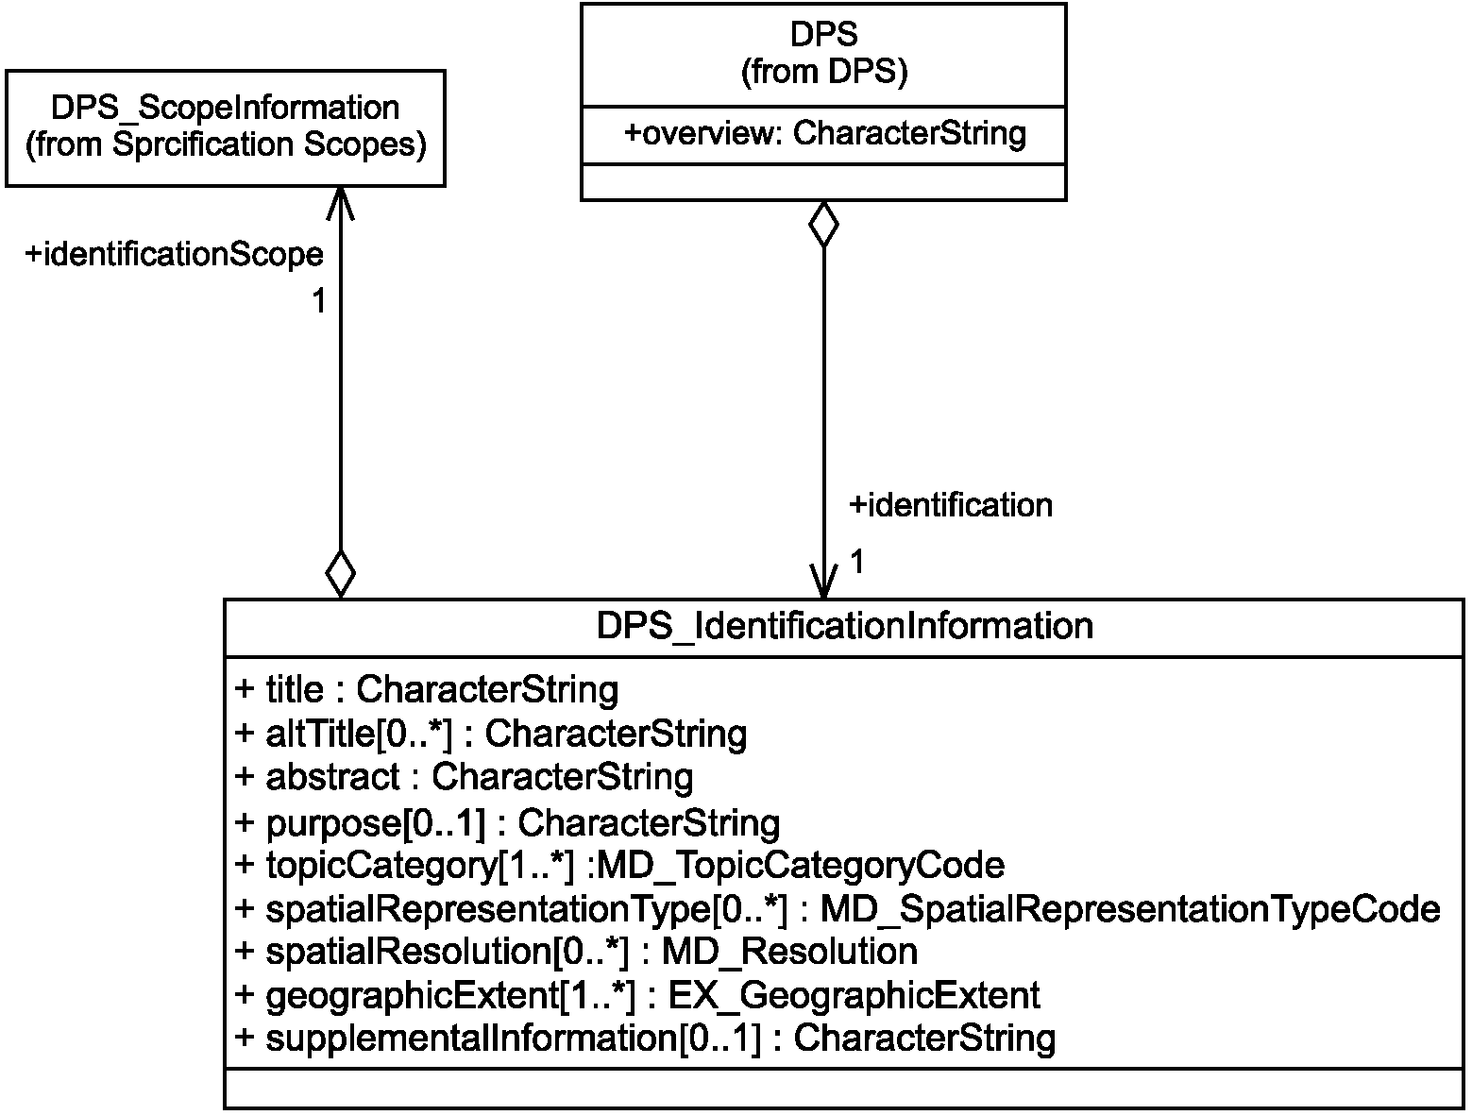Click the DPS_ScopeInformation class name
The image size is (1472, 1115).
click(226, 109)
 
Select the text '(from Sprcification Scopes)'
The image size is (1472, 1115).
click(226, 144)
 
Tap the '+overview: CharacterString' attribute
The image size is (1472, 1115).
click(825, 133)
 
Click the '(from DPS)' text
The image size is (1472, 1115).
click(824, 71)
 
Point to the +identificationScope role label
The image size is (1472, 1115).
click(174, 255)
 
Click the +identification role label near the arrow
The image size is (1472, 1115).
click(951, 505)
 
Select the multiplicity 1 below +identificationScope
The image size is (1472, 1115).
click(319, 301)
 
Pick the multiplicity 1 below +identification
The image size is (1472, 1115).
click(857, 561)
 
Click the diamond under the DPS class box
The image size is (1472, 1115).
click(824, 224)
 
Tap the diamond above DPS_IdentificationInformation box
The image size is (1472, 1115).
click(341, 574)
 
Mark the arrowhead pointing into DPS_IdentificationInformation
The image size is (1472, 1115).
click(824, 582)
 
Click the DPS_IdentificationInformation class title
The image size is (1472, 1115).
click(845, 626)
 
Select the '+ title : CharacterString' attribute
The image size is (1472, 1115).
click(427, 690)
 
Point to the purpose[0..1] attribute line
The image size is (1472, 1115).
click(507, 823)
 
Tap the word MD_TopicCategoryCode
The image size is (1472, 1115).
click(800, 866)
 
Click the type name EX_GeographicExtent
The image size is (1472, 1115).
click(854, 996)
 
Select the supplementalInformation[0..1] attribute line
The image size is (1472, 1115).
click(645, 1039)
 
